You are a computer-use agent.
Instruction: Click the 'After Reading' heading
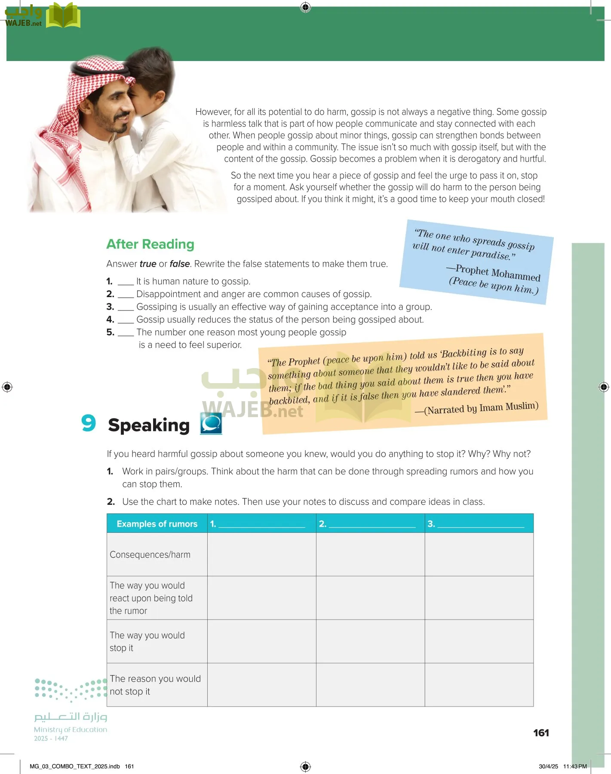tap(150, 244)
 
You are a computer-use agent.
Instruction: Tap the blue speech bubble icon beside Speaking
tap(211, 423)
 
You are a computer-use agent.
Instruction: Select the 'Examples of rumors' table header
tap(157, 524)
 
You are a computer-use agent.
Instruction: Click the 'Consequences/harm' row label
tap(150, 555)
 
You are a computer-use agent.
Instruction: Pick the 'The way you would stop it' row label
tap(147, 642)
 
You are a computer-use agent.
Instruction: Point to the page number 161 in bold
tap(541, 733)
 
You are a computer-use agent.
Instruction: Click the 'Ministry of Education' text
tap(71, 730)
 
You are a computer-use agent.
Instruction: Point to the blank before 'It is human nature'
tap(126, 282)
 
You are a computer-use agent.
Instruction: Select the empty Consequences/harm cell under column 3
tap(479, 555)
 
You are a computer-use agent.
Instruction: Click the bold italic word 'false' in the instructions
tap(180, 264)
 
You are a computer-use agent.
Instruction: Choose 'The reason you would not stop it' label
tap(155, 685)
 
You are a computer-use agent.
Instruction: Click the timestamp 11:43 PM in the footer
tap(575, 766)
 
